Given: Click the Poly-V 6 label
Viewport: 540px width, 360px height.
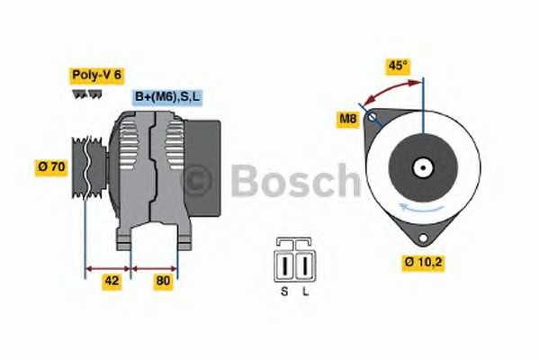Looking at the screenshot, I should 95,76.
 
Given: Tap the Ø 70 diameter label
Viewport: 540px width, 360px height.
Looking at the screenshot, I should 50,166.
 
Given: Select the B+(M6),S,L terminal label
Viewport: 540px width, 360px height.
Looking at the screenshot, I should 168,96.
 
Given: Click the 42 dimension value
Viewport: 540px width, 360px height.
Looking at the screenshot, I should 111,281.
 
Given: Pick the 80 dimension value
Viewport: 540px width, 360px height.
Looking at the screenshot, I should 164,281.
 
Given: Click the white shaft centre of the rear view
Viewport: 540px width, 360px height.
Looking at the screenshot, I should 421,167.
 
